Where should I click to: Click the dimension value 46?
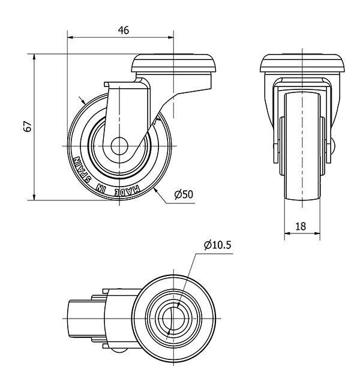coord(124,29)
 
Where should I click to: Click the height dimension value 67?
coord(27,127)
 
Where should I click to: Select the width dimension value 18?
coord(301,226)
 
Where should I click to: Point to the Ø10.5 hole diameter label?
coord(217,244)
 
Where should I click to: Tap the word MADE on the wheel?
coord(128,190)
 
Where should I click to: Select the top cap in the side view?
coord(173,62)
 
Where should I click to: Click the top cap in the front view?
coord(302,62)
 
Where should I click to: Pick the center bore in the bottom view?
coord(173,317)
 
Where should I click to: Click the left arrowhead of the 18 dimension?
coord(286,235)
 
